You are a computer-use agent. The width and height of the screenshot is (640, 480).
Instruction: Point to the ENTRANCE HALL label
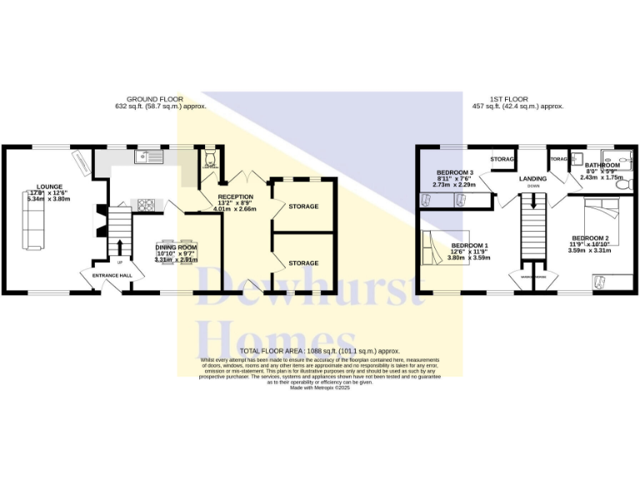click(x=112, y=275)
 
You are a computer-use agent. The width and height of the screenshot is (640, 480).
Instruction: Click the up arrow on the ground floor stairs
click(x=120, y=247)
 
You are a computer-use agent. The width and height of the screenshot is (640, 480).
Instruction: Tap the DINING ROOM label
click(x=176, y=247)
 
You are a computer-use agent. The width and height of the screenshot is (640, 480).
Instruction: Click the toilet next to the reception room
click(x=209, y=158)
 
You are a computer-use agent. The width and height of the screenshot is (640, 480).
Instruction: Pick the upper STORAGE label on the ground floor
click(x=303, y=206)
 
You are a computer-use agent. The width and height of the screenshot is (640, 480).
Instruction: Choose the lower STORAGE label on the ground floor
click(x=303, y=263)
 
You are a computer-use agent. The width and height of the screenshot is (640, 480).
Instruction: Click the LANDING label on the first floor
click(x=533, y=178)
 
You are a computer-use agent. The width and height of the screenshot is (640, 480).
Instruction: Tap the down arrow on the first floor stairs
click(x=534, y=200)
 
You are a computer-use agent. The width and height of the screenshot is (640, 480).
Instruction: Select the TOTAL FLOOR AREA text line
click(x=320, y=352)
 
